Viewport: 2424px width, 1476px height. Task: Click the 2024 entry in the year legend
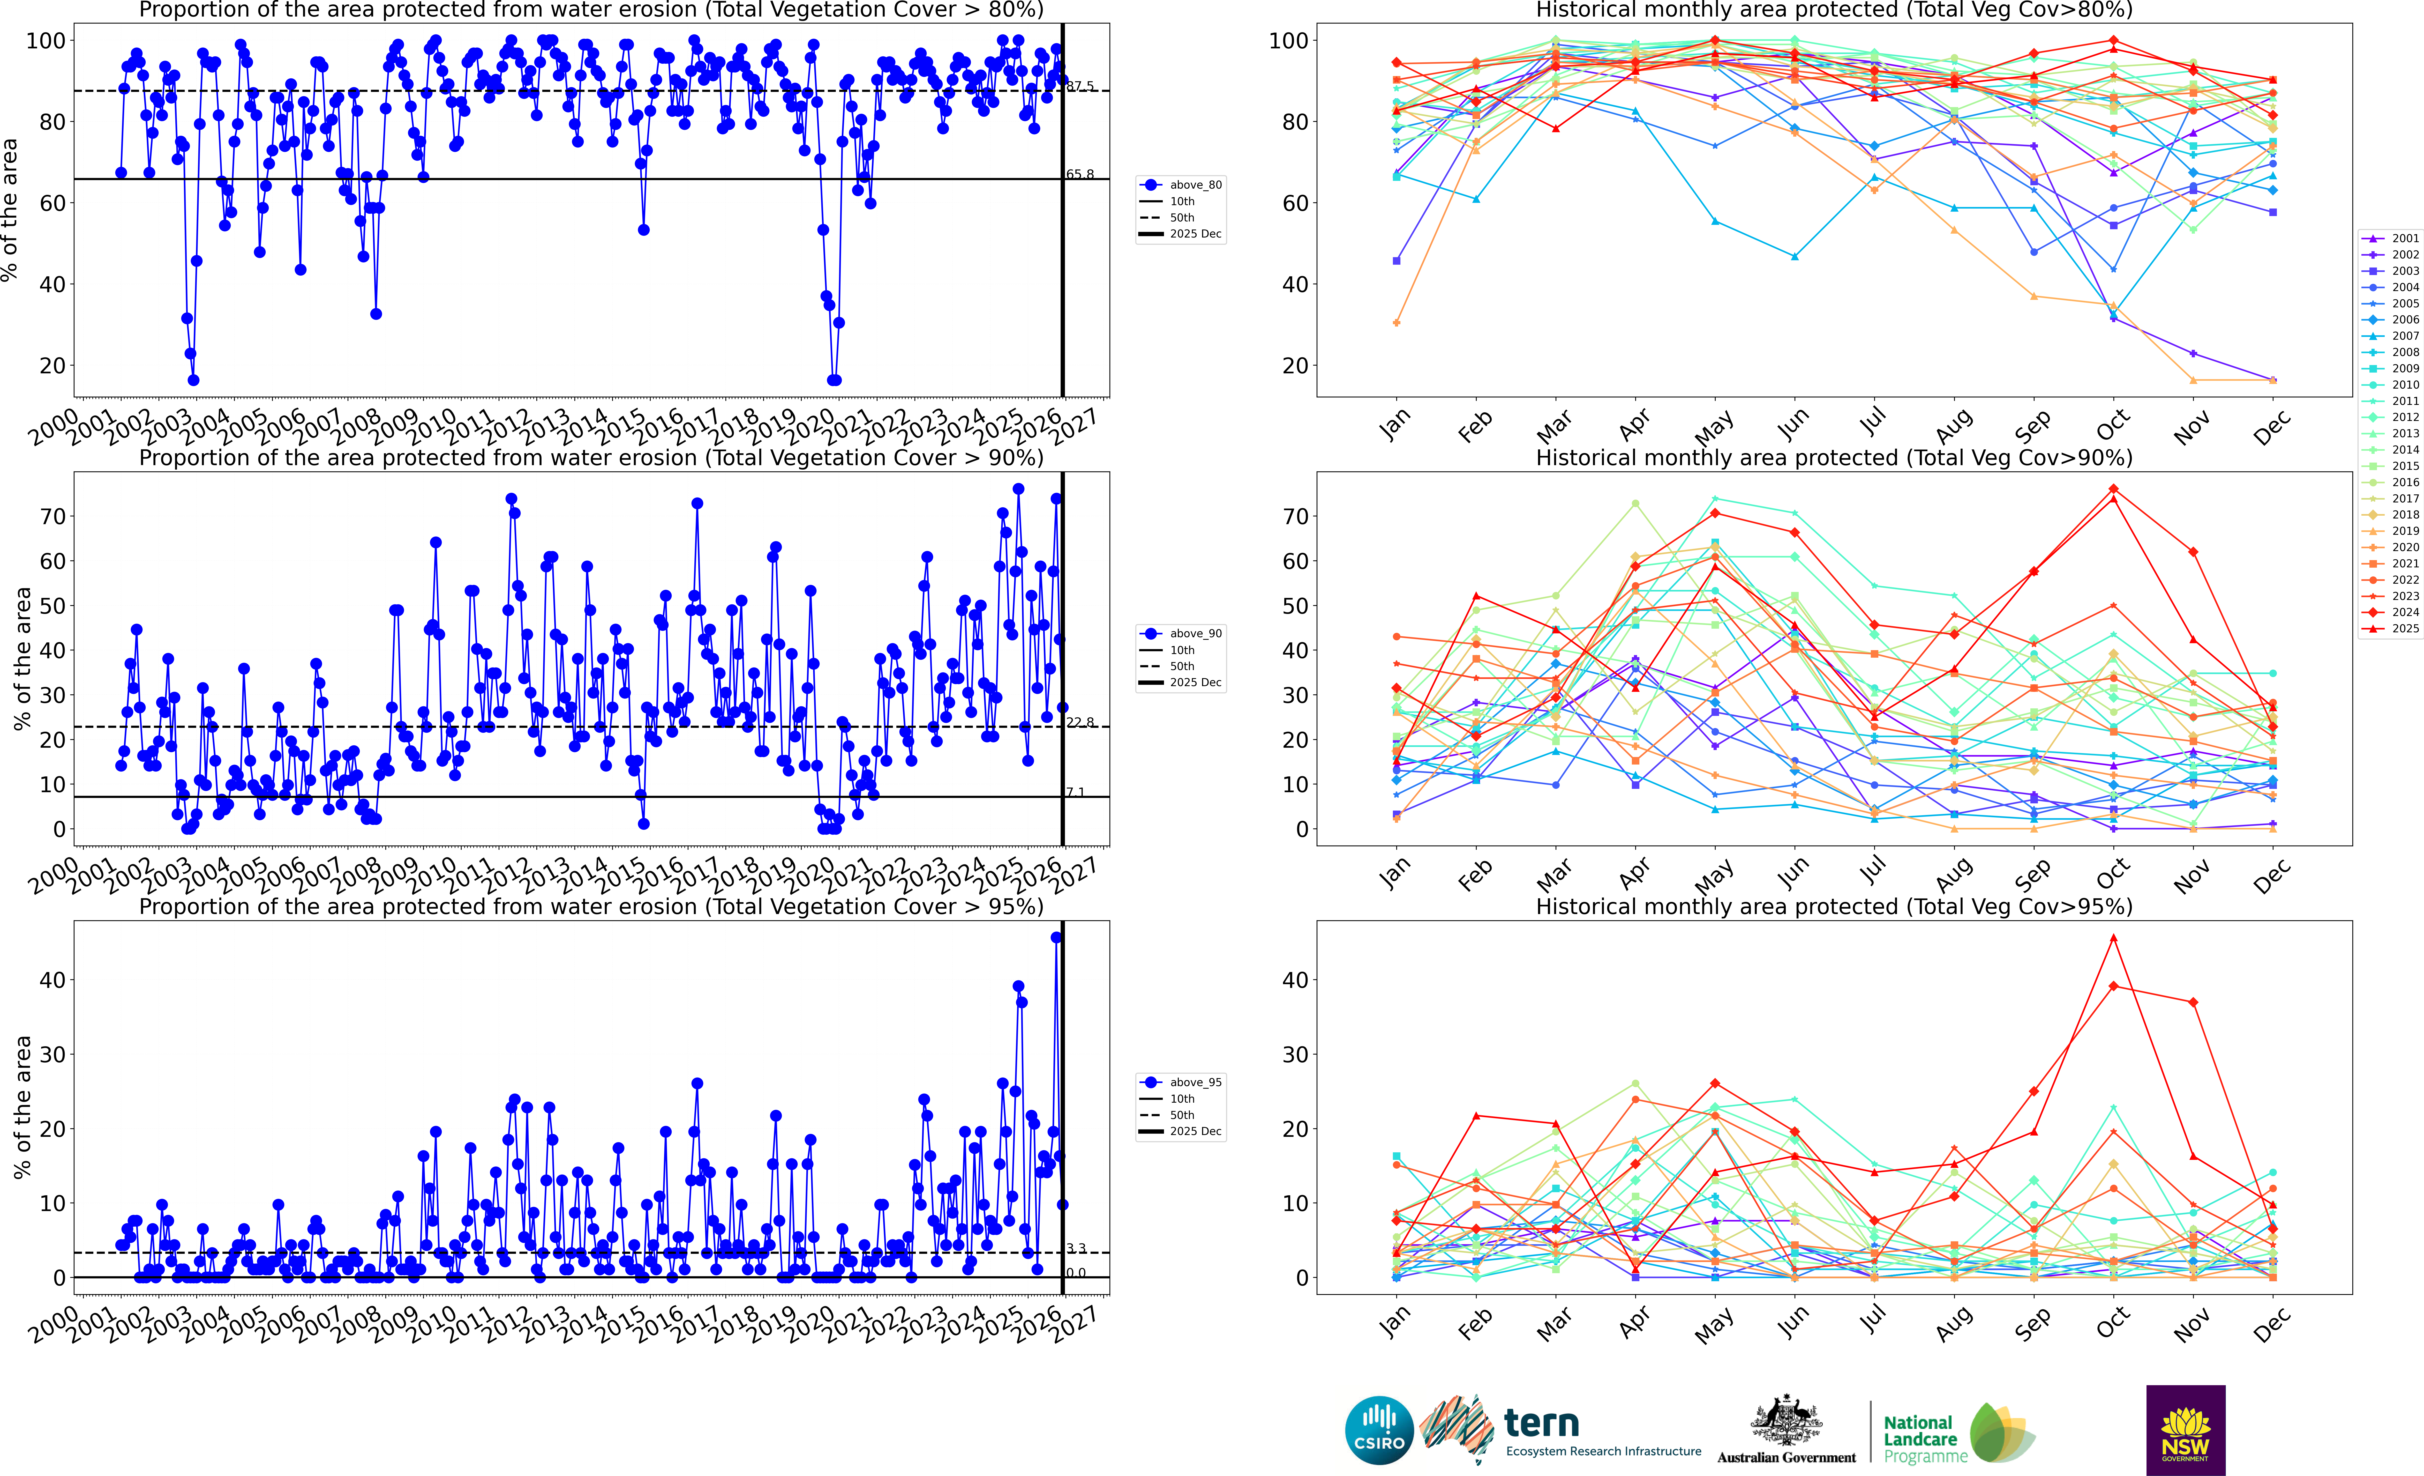point(2404,612)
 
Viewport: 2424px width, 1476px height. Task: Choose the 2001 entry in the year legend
point(2404,238)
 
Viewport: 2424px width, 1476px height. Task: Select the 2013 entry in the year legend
point(2404,433)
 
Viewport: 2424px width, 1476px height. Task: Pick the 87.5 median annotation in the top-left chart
point(1080,87)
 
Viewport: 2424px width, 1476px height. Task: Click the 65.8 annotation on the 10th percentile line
point(1080,174)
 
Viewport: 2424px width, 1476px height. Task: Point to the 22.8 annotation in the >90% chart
point(1080,722)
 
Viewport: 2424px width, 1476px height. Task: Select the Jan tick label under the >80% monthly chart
point(1395,425)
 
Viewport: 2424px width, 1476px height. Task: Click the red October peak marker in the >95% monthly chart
point(2113,938)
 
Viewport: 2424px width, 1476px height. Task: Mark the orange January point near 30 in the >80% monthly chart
point(1396,323)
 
